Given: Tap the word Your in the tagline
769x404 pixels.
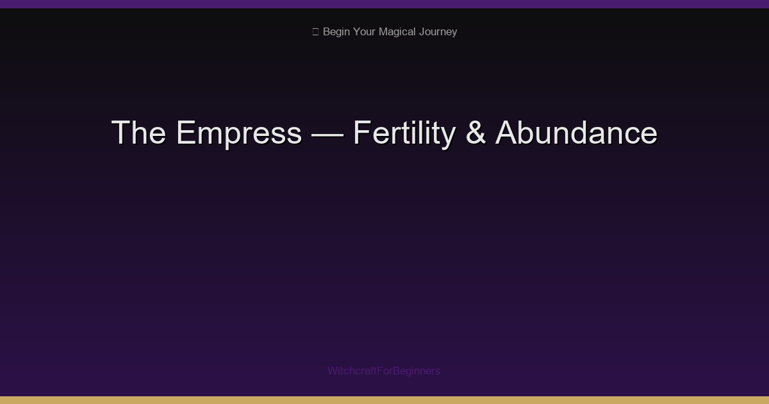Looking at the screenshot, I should pos(366,31).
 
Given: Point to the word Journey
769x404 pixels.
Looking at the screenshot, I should pos(438,31).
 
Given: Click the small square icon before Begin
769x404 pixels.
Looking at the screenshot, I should pos(315,31).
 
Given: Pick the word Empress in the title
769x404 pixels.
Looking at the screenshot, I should pos(238,133).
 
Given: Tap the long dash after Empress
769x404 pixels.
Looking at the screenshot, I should pos(327,133).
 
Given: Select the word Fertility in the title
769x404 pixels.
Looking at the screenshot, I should pos(403,133).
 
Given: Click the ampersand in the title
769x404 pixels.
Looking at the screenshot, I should pos(475,133).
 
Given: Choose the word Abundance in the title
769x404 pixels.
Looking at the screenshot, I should pos(576,133).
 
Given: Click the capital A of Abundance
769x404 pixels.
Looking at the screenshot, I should pos(506,133).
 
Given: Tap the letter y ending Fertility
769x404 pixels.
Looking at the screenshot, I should pos(447,136).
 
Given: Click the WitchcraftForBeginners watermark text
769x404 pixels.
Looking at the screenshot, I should pos(384,371).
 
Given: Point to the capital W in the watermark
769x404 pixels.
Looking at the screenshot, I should pos(333,371).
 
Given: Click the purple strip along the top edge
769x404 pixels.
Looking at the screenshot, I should pos(384,4).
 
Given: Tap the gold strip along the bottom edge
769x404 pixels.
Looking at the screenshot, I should pos(384,400).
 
